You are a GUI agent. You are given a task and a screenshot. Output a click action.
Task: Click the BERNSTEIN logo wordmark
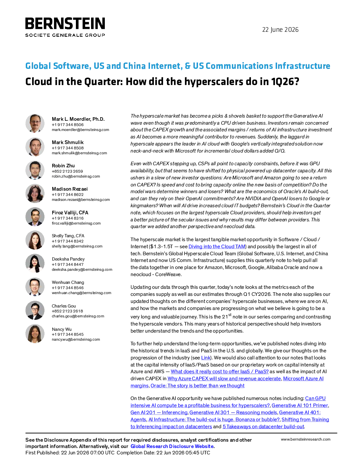tap(65, 23)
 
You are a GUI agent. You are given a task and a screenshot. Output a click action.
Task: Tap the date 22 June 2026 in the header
tap(280, 30)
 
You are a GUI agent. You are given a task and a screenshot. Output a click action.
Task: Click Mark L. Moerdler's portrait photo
tap(35, 123)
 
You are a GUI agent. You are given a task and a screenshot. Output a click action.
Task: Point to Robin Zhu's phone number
tap(67, 171)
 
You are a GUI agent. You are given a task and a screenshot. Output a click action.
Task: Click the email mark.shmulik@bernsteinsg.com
tap(79, 153)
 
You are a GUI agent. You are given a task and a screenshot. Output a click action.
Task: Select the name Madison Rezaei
tap(70, 189)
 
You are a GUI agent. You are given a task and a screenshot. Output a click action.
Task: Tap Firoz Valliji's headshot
tap(35, 217)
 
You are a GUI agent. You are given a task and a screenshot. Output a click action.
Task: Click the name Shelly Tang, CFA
tap(68, 236)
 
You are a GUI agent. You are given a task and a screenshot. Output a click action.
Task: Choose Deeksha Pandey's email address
tap(82, 269)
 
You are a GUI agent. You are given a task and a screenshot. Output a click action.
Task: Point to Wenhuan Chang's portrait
tap(35, 287)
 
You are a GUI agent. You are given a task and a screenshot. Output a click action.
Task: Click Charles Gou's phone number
tap(67, 311)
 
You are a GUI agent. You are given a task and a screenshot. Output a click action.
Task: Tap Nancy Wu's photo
tap(35, 334)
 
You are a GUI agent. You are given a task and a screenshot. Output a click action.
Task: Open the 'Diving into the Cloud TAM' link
tap(217, 247)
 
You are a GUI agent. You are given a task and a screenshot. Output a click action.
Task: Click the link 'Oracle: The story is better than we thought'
tap(198, 386)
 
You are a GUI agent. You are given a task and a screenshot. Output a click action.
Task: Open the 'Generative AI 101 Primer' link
tap(300, 405)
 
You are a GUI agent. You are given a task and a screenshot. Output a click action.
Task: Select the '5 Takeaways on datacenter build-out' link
tap(263, 426)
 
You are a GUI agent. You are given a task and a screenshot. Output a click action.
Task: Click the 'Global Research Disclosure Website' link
tap(172, 446)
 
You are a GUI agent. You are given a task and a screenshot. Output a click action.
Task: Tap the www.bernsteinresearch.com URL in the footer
tap(306, 439)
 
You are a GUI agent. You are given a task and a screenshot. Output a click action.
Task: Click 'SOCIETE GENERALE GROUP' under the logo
tap(65, 35)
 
